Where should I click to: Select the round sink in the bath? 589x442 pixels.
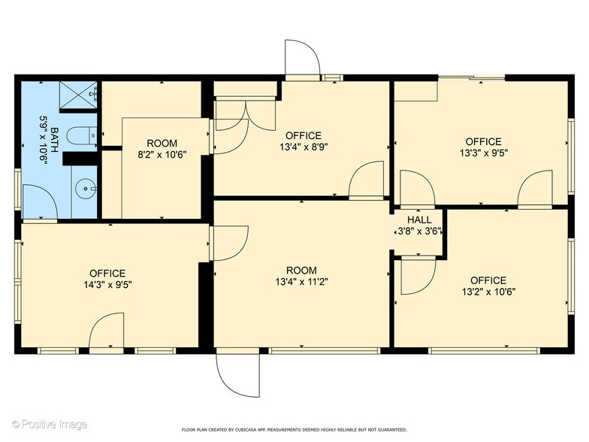coord(86,189)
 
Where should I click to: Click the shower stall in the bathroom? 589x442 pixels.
coord(79,94)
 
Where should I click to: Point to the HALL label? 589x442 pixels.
coord(415,222)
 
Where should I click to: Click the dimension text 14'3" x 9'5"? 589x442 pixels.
coord(107,285)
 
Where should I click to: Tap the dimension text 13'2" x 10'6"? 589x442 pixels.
coord(488,292)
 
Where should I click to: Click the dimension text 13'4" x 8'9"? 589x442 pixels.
coord(303,147)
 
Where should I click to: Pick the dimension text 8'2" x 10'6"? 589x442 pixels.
coord(162,155)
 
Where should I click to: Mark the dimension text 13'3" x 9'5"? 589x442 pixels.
coord(483,153)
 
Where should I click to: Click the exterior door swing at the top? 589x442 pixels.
coord(302,59)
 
